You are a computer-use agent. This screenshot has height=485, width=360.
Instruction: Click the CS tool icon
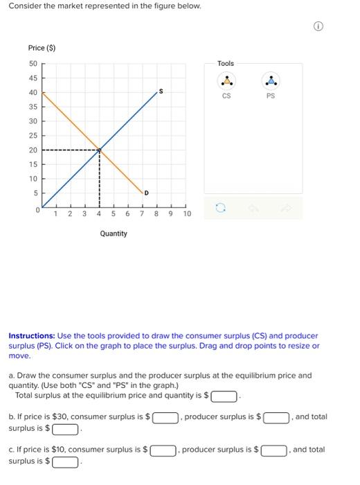point(226,81)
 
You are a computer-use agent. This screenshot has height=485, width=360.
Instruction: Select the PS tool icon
point(271,81)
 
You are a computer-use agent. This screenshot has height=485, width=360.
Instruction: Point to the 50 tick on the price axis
point(33,63)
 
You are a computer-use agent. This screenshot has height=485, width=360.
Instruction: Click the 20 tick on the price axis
point(33,150)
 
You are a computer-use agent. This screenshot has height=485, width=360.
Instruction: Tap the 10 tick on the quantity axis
point(187,214)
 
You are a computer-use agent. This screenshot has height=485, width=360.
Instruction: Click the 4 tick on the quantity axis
point(100,214)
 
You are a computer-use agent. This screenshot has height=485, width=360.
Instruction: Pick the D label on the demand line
point(146,193)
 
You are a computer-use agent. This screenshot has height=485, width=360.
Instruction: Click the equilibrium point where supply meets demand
point(100,150)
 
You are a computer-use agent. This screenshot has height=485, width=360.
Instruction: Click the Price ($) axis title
point(42,48)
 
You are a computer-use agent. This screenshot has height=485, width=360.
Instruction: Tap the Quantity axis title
point(114,233)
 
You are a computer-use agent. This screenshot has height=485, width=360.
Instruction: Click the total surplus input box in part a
point(223,397)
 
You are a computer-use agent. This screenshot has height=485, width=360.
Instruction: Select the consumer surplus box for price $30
point(165,418)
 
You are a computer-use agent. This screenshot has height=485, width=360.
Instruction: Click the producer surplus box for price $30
point(276,418)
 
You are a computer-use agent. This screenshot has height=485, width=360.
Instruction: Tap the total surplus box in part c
point(66,462)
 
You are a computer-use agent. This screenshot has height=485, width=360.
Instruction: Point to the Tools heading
point(226,64)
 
